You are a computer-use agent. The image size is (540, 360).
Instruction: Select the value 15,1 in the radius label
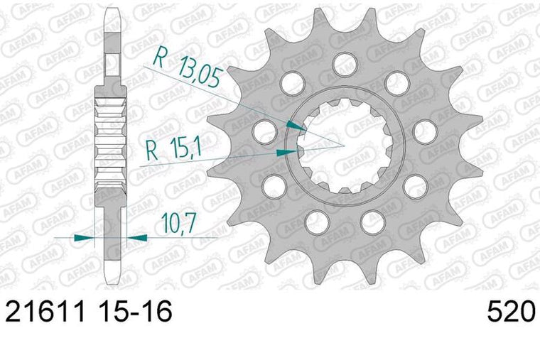(x=185, y=148)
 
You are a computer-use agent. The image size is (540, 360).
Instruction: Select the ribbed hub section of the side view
(x=111, y=142)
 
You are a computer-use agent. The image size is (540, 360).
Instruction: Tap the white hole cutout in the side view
(x=111, y=64)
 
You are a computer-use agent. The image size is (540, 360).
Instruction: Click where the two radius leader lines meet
(x=345, y=146)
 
